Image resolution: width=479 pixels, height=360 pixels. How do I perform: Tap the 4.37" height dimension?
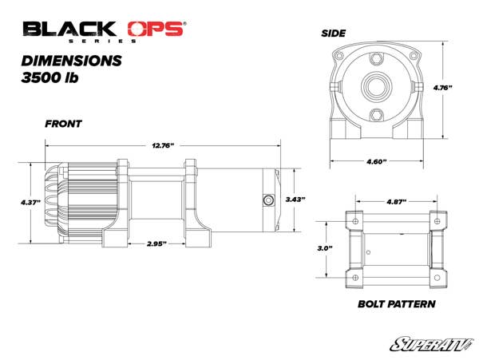click(30, 204)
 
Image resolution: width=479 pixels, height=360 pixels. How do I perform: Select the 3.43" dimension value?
click(295, 199)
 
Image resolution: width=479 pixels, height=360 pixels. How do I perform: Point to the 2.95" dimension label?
click(156, 243)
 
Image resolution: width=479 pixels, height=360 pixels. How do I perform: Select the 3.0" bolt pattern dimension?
click(324, 248)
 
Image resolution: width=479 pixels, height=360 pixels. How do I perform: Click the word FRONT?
click(65, 124)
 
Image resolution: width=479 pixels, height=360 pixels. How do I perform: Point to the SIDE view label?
click(333, 33)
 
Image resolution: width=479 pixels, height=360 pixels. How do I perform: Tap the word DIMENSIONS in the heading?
click(73, 60)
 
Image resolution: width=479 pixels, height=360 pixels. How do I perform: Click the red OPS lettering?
click(159, 30)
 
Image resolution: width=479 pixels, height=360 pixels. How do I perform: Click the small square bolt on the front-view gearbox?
click(268, 199)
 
